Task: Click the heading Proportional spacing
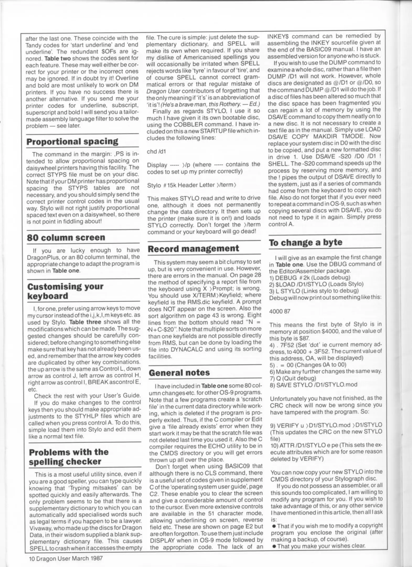72,141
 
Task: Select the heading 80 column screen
66,237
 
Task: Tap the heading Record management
194,248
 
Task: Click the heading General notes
179,372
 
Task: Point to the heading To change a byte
306,242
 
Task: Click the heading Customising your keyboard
65,291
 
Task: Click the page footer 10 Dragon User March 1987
66,558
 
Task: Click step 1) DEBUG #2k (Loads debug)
309,277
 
